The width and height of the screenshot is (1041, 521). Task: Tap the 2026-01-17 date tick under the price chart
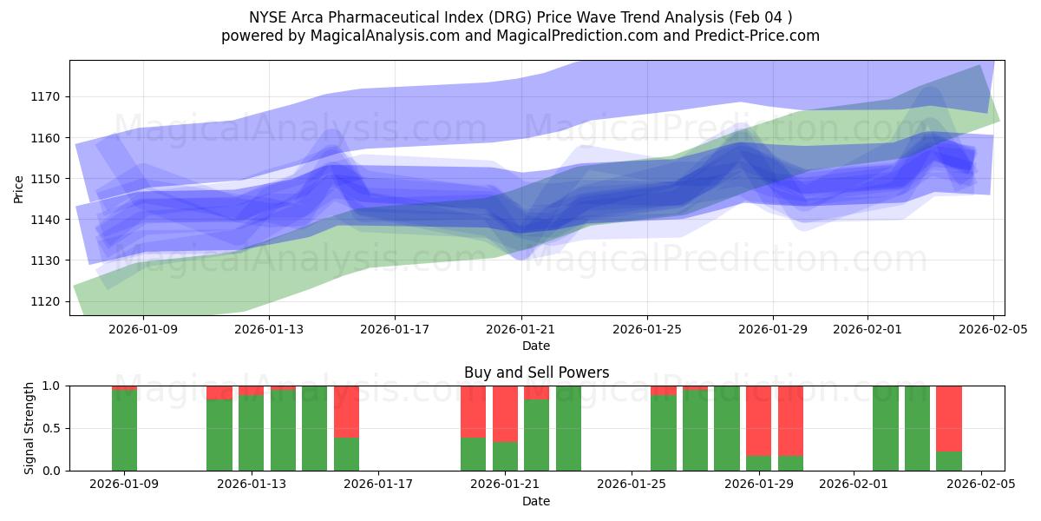395,329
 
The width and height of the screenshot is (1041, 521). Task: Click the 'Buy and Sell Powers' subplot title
536,373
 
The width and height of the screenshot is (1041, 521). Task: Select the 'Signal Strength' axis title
29,428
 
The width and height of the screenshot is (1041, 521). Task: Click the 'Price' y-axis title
19,188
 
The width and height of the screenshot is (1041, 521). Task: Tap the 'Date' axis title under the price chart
537,346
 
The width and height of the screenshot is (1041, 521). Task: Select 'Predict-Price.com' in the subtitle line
750,36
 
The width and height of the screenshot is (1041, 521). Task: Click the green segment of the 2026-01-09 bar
125,431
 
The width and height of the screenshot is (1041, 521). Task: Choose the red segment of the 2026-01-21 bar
505,413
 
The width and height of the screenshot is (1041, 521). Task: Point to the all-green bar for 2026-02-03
917,428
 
